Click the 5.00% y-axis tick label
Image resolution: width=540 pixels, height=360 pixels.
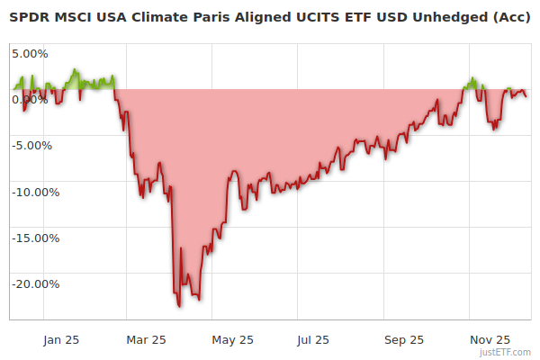pos(30,53)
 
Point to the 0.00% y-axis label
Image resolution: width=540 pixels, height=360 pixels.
pos(30,99)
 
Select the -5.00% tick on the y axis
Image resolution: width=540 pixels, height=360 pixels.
pos(32,145)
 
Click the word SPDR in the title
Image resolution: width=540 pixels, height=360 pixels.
pos(27,17)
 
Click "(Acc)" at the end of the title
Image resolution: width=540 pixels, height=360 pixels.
pos(509,17)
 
